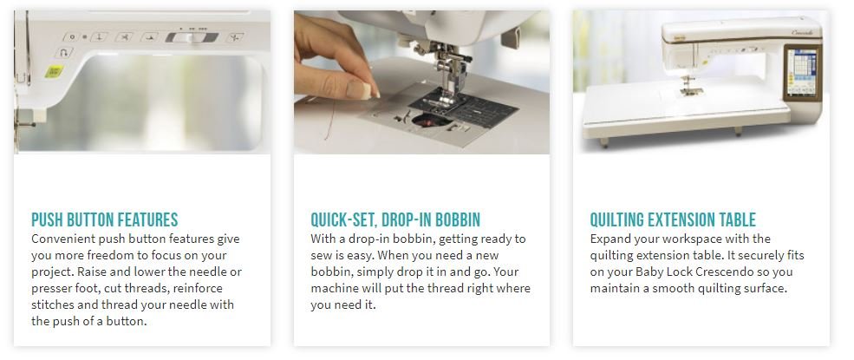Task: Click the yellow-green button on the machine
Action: pyautogui.click(x=54, y=71)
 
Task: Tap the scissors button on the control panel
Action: pyautogui.click(x=124, y=37)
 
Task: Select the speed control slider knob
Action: pyautogui.click(x=191, y=37)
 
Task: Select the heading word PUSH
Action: pyautogui.click(x=47, y=220)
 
